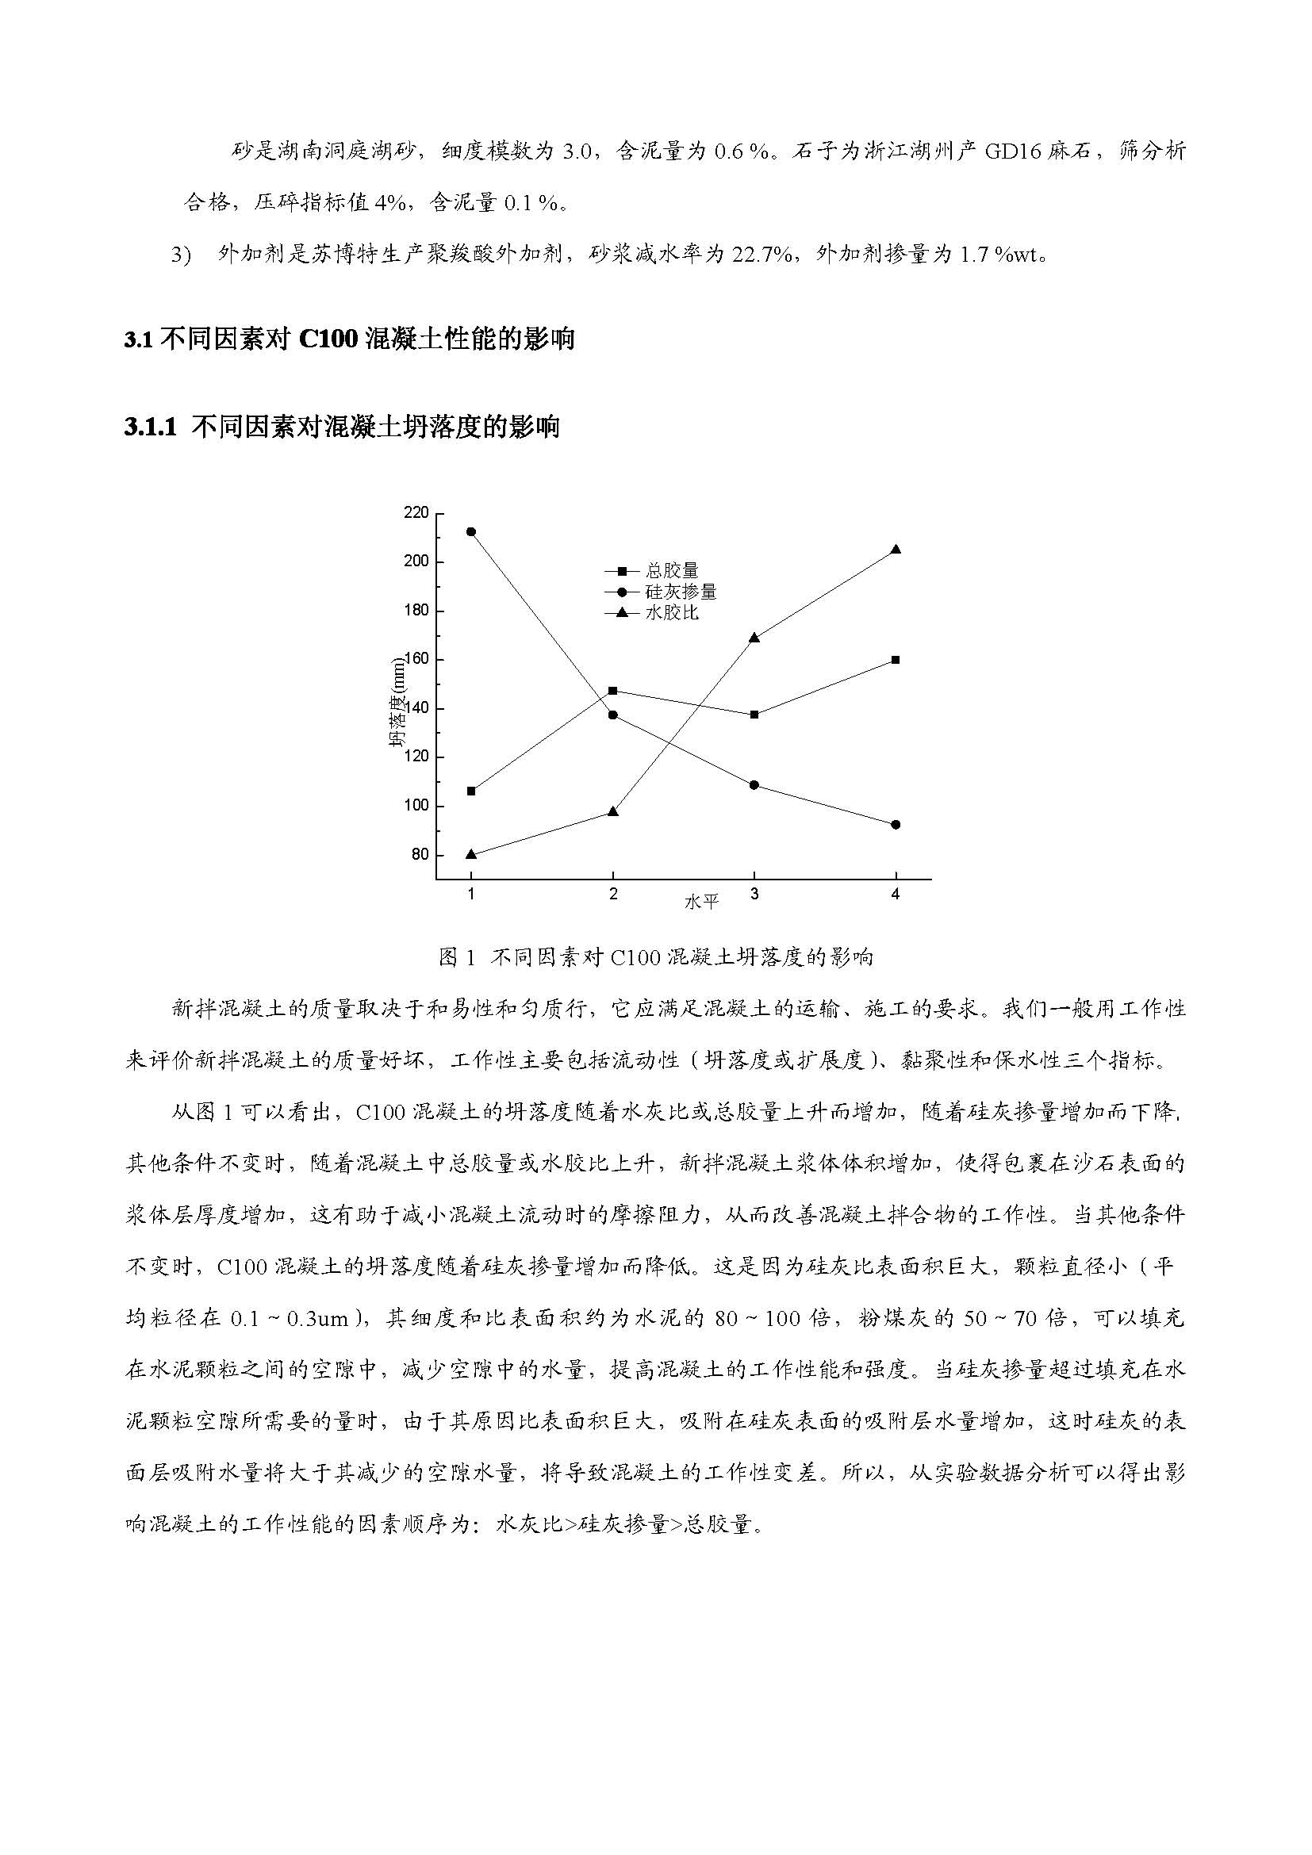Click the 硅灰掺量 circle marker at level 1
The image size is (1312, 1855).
pyautogui.click(x=471, y=531)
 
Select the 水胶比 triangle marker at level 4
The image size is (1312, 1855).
pyautogui.click(x=895, y=550)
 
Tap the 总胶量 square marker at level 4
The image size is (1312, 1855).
pyautogui.click(x=895, y=660)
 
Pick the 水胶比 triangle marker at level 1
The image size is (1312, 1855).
pyautogui.click(x=471, y=854)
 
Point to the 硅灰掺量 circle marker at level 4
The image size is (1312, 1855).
pyautogui.click(x=895, y=825)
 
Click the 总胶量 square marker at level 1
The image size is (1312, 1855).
pyautogui.click(x=471, y=791)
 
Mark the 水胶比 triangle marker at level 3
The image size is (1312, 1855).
pyautogui.click(x=754, y=638)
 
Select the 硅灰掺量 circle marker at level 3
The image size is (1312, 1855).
pyautogui.click(x=754, y=785)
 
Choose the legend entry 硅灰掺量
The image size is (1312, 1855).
pyautogui.click(x=681, y=592)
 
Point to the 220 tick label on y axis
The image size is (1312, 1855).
pyautogui.click(x=416, y=513)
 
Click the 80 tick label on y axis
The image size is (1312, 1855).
pyautogui.click(x=420, y=855)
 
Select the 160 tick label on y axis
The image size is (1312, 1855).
pyautogui.click(x=416, y=660)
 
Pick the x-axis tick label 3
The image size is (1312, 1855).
pyautogui.click(x=754, y=895)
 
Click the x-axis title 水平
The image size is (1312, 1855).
pyautogui.click(x=700, y=902)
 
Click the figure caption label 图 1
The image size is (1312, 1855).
pyautogui.click(x=457, y=957)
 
